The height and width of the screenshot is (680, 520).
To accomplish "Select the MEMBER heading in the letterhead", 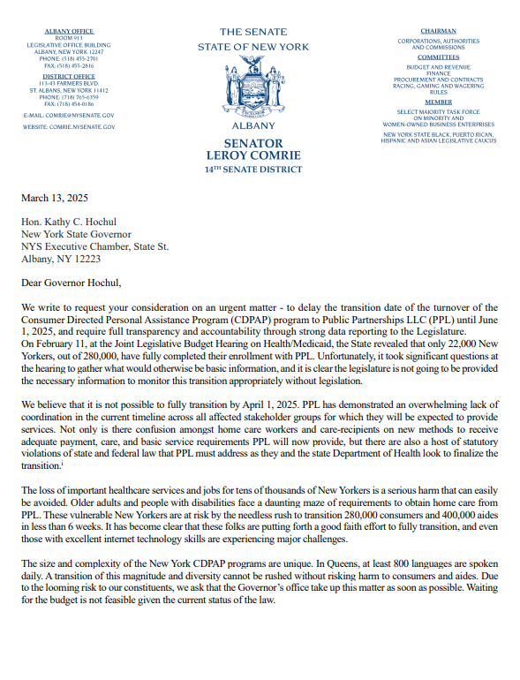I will pyautogui.click(x=439, y=102).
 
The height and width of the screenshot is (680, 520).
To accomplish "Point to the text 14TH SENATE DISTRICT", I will pyautogui.click(x=253, y=169).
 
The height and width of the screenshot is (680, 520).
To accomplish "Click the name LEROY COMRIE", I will pyautogui.click(x=253, y=155).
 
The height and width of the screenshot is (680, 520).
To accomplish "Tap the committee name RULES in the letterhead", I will pyautogui.click(x=439, y=94).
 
